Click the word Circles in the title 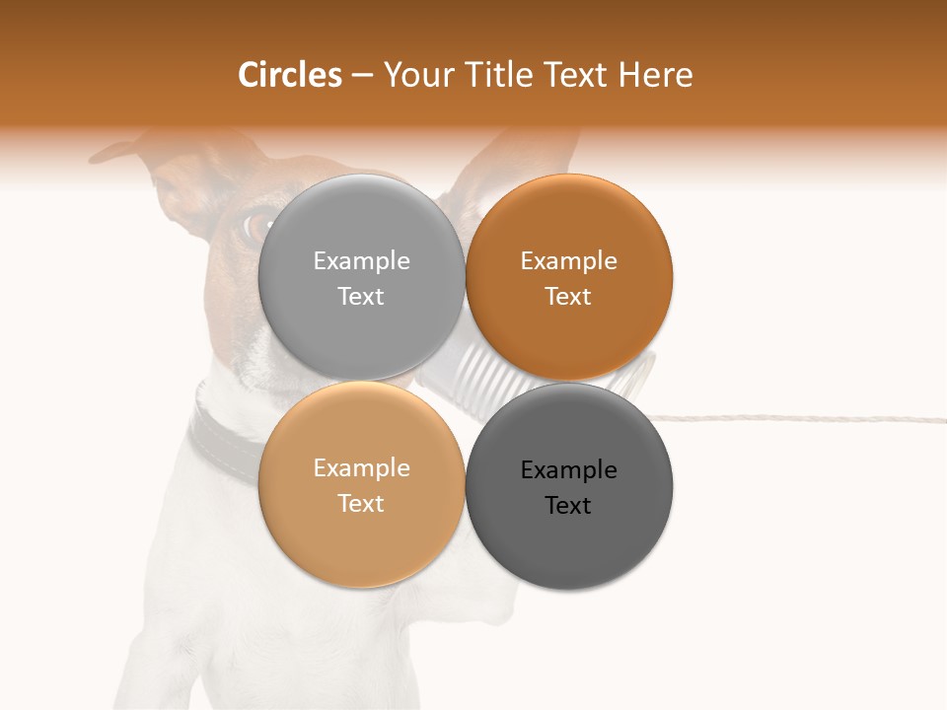tap(290, 75)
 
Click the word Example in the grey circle tap(361, 260)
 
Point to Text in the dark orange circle tap(568, 296)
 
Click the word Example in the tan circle tap(361, 467)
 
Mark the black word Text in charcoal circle tap(568, 505)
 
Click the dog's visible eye tap(258, 225)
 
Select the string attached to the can tap(789, 417)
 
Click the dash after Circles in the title tap(362, 75)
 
